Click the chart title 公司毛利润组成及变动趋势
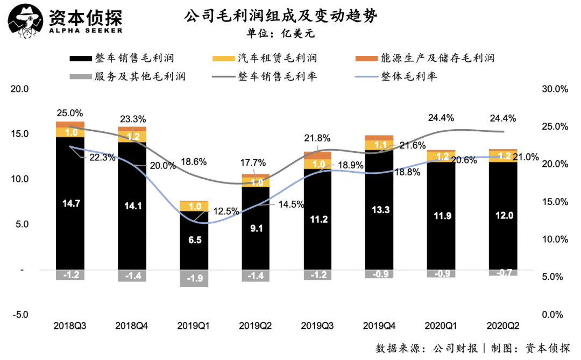click(280, 16)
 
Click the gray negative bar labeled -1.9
click(194, 278)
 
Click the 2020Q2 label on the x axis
click(503, 326)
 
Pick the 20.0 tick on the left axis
click(20, 89)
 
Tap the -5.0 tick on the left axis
click(20, 314)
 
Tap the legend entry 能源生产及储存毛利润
click(424, 58)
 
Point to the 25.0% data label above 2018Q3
click(70, 113)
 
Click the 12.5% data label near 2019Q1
click(226, 211)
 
